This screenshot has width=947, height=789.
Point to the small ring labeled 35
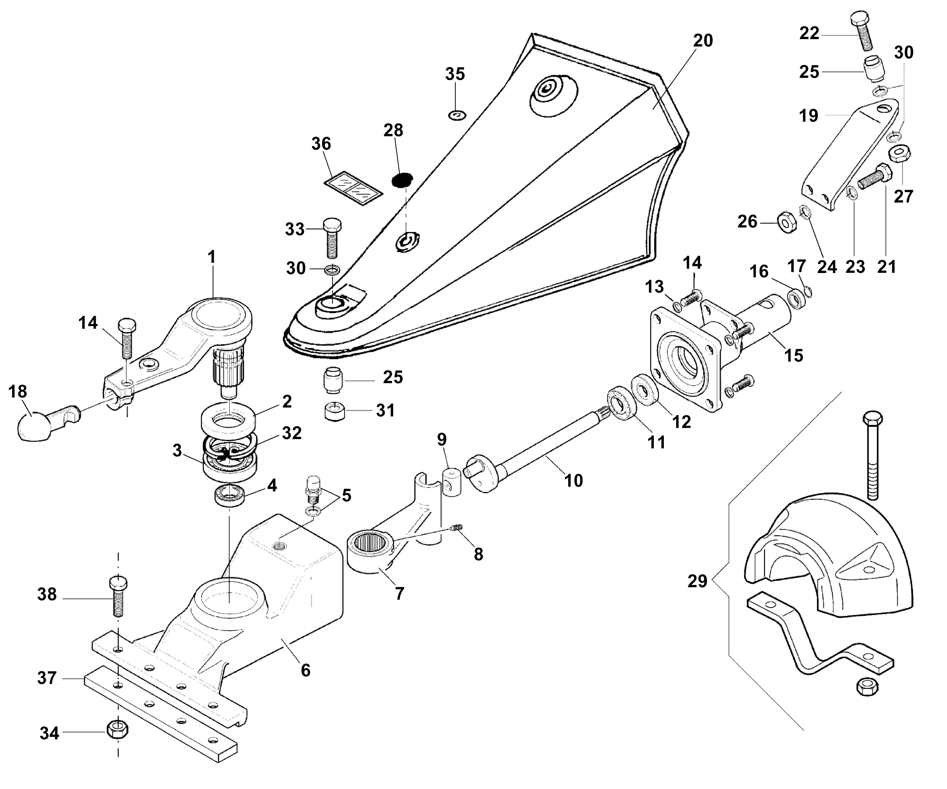click(x=457, y=115)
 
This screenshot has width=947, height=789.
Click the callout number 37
click(x=47, y=678)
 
